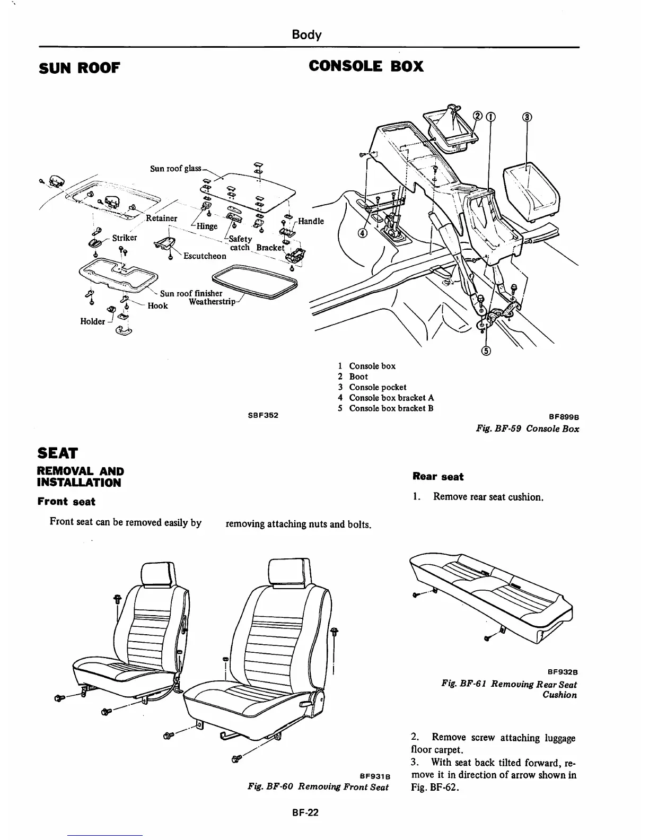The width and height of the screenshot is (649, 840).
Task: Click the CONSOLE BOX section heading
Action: click(x=366, y=66)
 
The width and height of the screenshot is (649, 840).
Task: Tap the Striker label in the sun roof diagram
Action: click(x=125, y=238)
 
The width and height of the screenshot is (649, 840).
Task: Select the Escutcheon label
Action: click(x=205, y=256)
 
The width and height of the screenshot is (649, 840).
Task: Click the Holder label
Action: click(x=92, y=321)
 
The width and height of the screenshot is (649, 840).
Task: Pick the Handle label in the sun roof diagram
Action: click(x=311, y=221)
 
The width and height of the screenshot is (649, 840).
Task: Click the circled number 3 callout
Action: click(x=527, y=117)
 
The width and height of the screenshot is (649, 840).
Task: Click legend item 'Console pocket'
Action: click(x=378, y=387)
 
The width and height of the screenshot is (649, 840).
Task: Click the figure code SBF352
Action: click(x=263, y=415)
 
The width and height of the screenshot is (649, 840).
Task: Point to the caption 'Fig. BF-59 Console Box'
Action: click(x=527, y=428)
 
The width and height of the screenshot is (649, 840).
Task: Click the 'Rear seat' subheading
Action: click(x=438, y=477)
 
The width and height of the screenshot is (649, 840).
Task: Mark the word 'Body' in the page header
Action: click(x=306, y=35)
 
